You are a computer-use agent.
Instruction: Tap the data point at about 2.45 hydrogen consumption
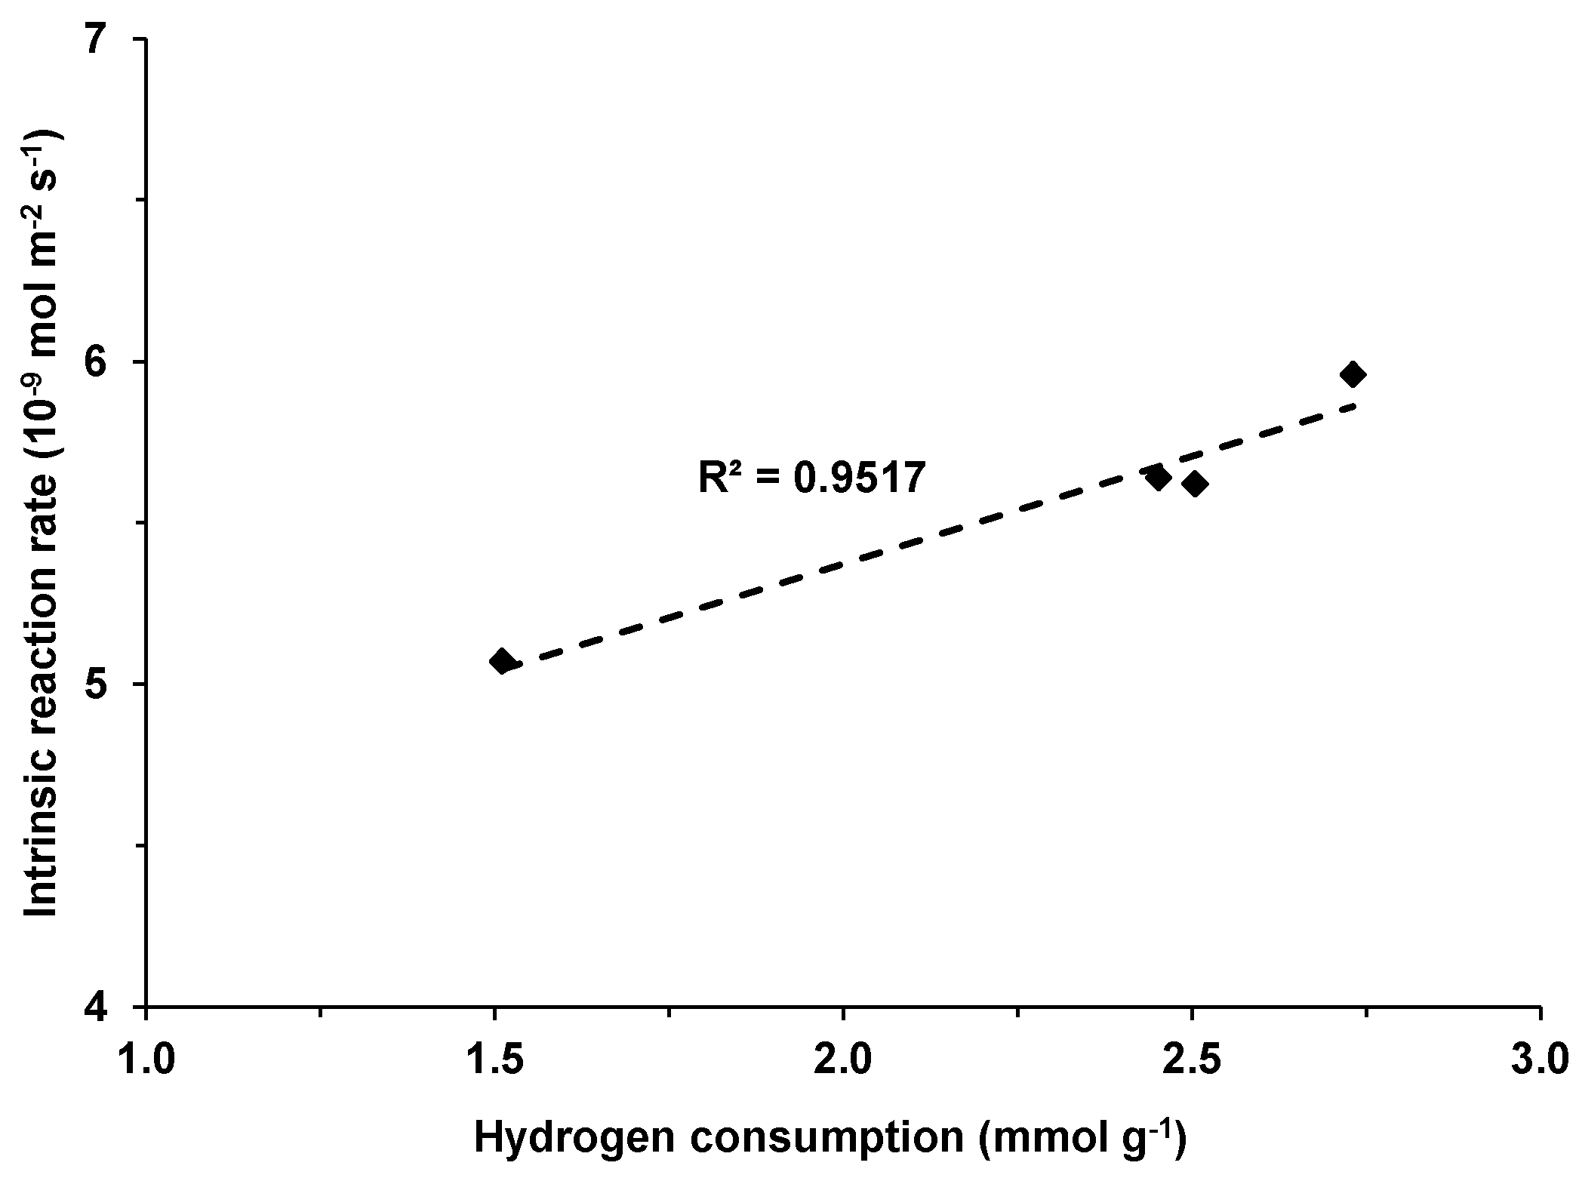tap(1157, 477)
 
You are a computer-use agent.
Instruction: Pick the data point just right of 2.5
tap(1194, 484)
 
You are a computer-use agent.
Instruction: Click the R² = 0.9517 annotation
tap(811, 478)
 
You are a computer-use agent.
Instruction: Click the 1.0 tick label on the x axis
tap(146, 1060)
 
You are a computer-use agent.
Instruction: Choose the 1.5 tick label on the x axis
tap(494, 1060)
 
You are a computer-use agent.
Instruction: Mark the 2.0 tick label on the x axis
tap(842, 1060)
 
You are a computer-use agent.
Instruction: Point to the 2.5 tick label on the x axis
tap(1191, 1060)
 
